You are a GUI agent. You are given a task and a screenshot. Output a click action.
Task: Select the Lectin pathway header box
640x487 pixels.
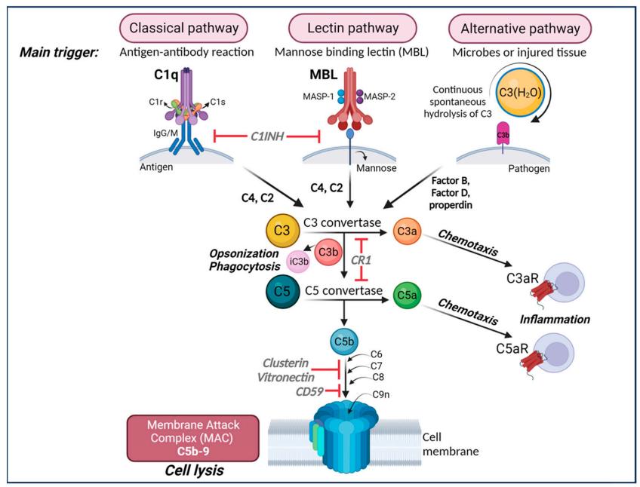point(352,29)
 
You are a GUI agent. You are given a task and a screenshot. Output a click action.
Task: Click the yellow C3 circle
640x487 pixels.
point(282,230)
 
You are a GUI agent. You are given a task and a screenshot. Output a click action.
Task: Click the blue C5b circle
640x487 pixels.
point(342,342)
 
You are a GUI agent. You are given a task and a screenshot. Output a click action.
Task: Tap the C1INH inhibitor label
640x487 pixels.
point(267,136)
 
